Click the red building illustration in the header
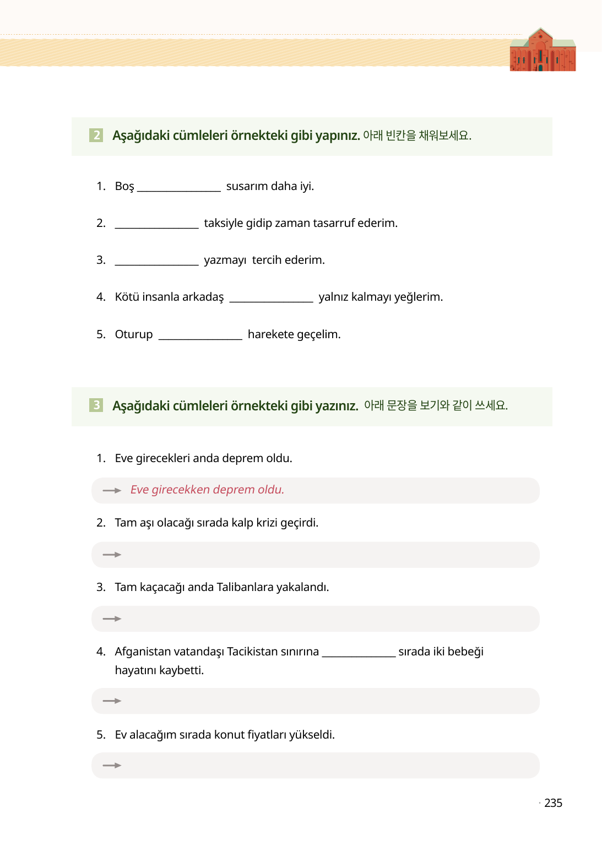543,51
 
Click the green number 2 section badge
96,135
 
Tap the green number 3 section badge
96,405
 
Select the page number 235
553,803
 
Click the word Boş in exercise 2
124,186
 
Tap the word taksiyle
223,223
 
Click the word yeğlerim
418,297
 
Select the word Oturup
134,334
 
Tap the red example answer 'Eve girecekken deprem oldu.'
207,490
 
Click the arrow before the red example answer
112,490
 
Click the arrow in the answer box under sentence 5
112,766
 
